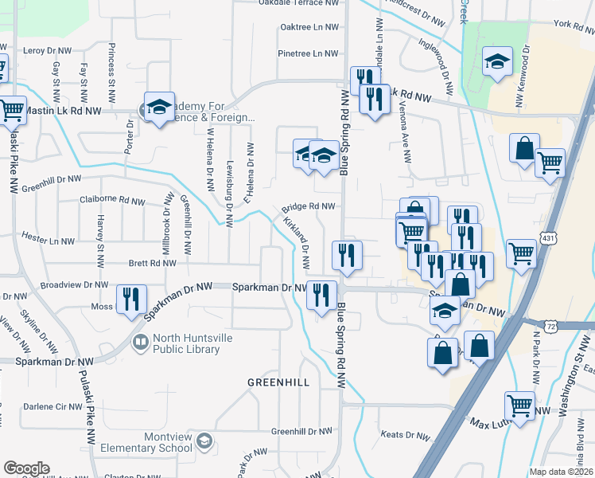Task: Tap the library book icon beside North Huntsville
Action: (141, 343)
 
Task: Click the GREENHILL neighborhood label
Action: (278, 382)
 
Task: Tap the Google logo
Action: (26, 468)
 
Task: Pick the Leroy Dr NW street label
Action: (48, 50)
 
